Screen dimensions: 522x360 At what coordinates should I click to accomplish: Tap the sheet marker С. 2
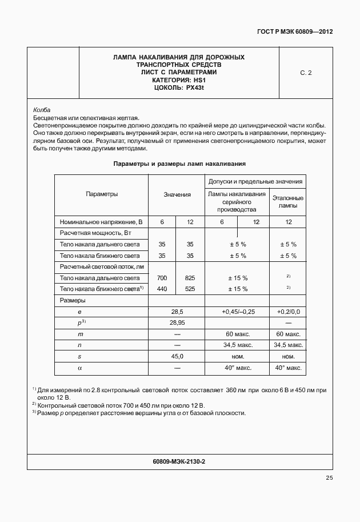tap(306, 73)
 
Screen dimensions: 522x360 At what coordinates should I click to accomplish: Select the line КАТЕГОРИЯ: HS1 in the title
tap(179, 80)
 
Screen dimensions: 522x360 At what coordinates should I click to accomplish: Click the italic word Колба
tap(42, 110)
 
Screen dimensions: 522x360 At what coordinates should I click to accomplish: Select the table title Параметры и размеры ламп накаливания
tap(179, 164)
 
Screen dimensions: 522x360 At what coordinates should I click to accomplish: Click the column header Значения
tap(177, 194)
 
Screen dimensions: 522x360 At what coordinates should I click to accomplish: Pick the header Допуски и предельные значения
tap(255, 182)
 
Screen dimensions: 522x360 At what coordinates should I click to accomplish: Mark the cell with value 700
tap(162, 278)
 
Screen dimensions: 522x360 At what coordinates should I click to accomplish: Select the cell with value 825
tap(190, 278)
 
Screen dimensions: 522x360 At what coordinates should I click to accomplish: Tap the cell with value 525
tap(190, 289)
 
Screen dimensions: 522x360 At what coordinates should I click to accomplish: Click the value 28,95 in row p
tap(177, 323)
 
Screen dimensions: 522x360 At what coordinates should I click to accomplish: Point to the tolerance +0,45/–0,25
tap(238, 312)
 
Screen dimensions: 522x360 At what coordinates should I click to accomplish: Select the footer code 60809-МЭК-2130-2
tap(179, 461)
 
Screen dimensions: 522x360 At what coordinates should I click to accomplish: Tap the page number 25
tap(329, 478)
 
